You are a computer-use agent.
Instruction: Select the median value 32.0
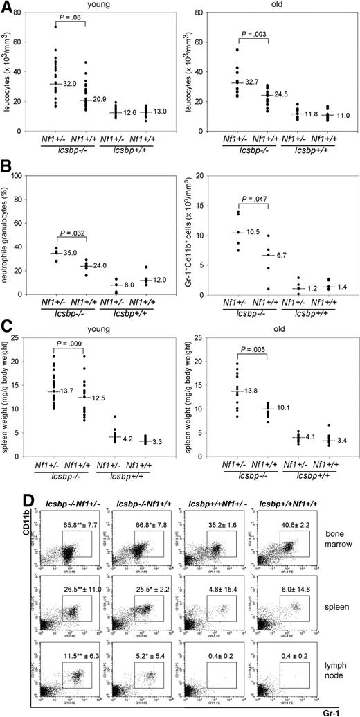[x=68, y=84]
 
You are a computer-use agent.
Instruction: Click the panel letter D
[x=6, y=500]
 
